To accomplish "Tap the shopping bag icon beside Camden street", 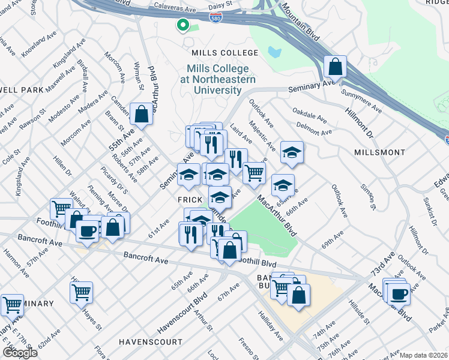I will tap(142, 114).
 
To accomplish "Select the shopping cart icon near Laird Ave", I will tap(255, 172).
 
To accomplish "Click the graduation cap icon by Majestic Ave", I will tap(292, 152).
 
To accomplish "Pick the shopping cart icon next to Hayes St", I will tap(81, 293).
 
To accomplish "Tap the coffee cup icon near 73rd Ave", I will tap(398, 293).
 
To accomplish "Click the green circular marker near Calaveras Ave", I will tap(182, 25).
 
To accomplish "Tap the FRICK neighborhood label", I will tap(188, 200).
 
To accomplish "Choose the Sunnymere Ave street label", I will tap(361, 102).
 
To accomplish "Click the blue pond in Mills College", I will tap(276, 52).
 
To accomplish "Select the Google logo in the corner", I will tap(20, 352).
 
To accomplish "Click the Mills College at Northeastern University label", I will tap(221, 80).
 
